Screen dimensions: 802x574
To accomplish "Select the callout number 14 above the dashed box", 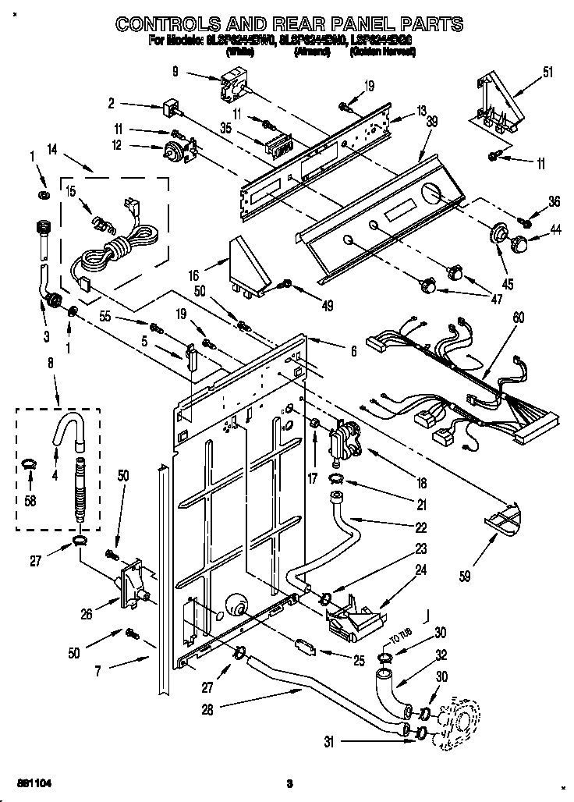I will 52,148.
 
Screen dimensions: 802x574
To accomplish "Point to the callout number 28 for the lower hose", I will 206,709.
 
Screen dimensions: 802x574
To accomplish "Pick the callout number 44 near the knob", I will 555,229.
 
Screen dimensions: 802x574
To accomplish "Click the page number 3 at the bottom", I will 289,783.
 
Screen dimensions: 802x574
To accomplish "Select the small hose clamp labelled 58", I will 29,466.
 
